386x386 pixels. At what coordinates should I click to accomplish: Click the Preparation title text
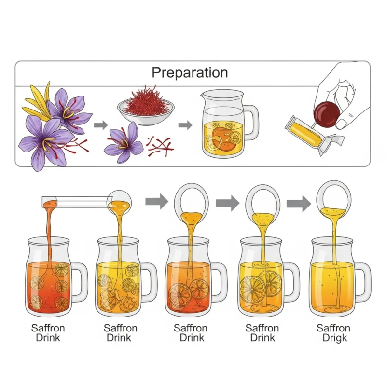[190, 72]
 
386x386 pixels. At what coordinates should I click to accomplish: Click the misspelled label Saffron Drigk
[334, 333]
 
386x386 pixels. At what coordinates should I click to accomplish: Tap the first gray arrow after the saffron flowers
[100, 125]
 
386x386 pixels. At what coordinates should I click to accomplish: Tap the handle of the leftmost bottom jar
[79, 282]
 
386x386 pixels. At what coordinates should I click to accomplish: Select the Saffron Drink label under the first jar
[48, 333]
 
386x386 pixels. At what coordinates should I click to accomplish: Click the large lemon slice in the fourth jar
[252, 289]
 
